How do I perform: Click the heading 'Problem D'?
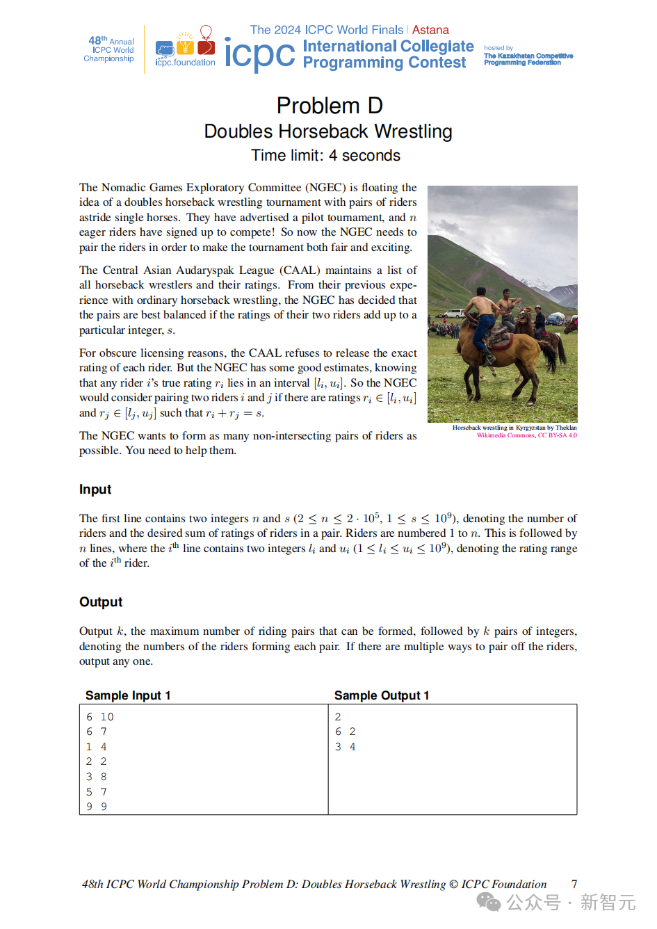pos(329,106)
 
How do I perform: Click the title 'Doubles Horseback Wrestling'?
pos(328,131)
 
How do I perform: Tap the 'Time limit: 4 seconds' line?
pos(325,156)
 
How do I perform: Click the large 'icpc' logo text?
pos(259,54)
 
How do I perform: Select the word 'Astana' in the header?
pos(430,30)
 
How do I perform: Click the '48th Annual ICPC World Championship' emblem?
pos(110,49)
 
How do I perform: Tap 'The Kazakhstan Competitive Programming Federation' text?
pos(528,59)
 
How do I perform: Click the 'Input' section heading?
pos(95,490)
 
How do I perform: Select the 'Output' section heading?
pos(101,602)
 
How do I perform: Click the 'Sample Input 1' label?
pos(128,695)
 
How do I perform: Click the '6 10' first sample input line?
pos(100,717)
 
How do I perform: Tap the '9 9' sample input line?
pos(97,807)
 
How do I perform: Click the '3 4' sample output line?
pos(345,747)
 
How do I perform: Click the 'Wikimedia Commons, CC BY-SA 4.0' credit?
pos(526,435)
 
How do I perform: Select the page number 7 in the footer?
pos(574,884)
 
